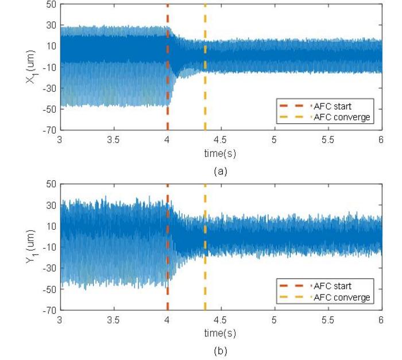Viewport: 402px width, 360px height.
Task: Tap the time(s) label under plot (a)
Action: [220, 153]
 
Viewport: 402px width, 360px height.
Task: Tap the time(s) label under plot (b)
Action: [220, 333]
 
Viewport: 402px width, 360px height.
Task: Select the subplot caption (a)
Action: [220, 171]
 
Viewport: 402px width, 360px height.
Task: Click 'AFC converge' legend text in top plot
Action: [342, 117]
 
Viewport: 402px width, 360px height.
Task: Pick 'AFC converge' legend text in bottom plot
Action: [342, 297]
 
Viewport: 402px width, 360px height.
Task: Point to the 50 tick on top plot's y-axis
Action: [51, 4]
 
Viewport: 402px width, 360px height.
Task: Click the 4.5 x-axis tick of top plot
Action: [220, 140]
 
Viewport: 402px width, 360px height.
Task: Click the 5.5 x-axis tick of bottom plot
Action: [327, 320]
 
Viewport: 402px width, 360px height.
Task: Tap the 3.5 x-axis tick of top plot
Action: [113, 140]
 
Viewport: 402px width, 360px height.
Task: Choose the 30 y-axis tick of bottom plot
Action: [51, 205]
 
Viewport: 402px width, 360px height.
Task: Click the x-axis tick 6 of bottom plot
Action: [381, 320]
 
